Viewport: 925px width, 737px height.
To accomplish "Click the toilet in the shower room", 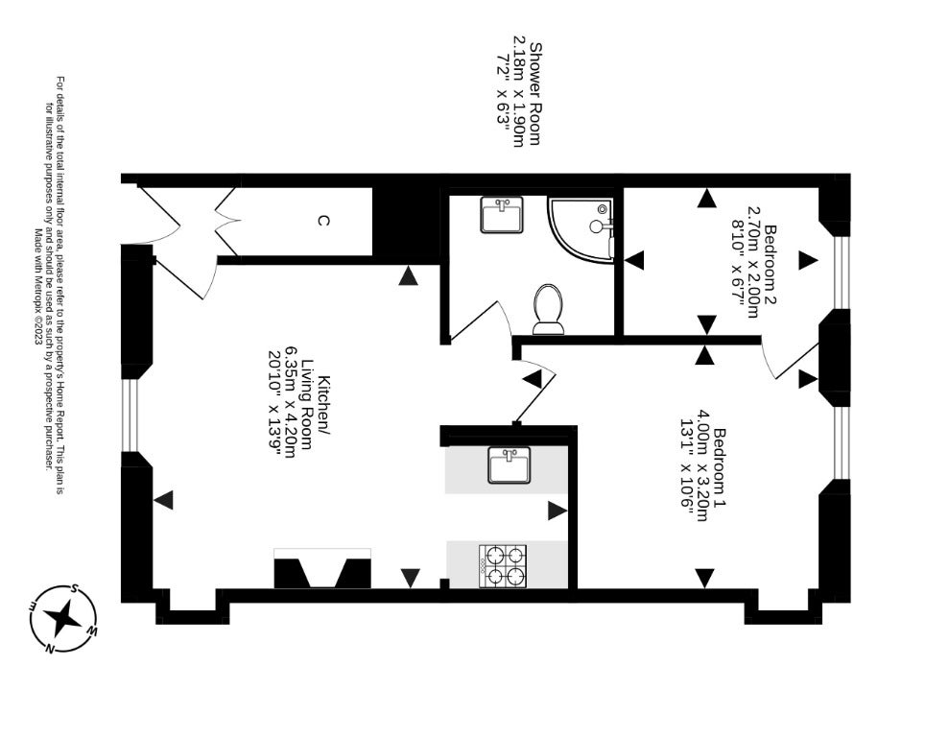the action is (548, 309).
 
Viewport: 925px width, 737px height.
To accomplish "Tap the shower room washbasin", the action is (502, 215).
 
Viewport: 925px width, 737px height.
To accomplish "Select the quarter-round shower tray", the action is (581, 228).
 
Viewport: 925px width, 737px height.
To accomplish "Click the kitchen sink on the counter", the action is (510, 465).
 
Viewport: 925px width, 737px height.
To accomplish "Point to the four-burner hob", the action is (503, 566).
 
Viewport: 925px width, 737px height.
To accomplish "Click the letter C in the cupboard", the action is (322, 221).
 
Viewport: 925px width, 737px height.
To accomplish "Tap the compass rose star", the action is (62, 618).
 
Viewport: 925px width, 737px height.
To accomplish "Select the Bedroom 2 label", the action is (770, 264).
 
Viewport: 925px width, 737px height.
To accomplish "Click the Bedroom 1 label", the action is (720, 469).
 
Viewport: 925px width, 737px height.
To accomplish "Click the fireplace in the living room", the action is (322, 568).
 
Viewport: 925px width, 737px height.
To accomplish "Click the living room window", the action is (130, 416).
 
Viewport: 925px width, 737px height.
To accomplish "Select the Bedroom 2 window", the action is (842, 273).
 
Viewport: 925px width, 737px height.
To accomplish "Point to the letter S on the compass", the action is (75, 588).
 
